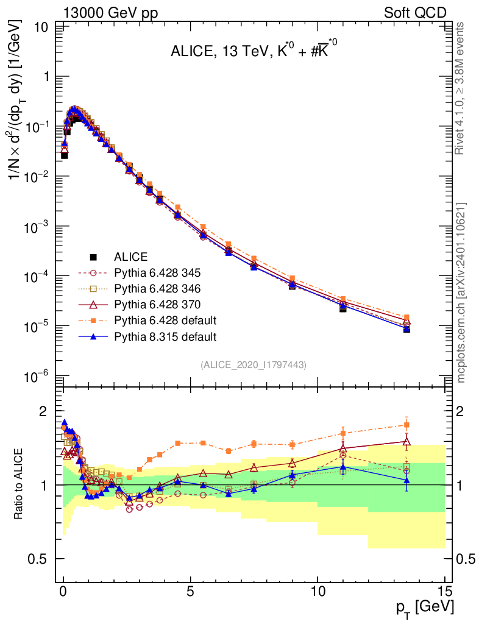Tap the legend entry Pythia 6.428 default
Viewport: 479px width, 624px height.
(161, 321)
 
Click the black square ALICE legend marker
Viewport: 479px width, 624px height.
(93, 257)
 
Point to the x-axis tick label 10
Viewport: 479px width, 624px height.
(317, 591)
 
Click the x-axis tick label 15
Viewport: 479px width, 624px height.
(444, 591)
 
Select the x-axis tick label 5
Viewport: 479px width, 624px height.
(191, 591)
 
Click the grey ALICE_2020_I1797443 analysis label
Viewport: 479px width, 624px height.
(253, 364)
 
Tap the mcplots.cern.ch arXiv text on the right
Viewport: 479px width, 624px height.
(462, 292)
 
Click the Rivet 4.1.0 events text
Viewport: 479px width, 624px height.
(462, 88)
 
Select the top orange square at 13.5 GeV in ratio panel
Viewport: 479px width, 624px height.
(406, 425)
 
